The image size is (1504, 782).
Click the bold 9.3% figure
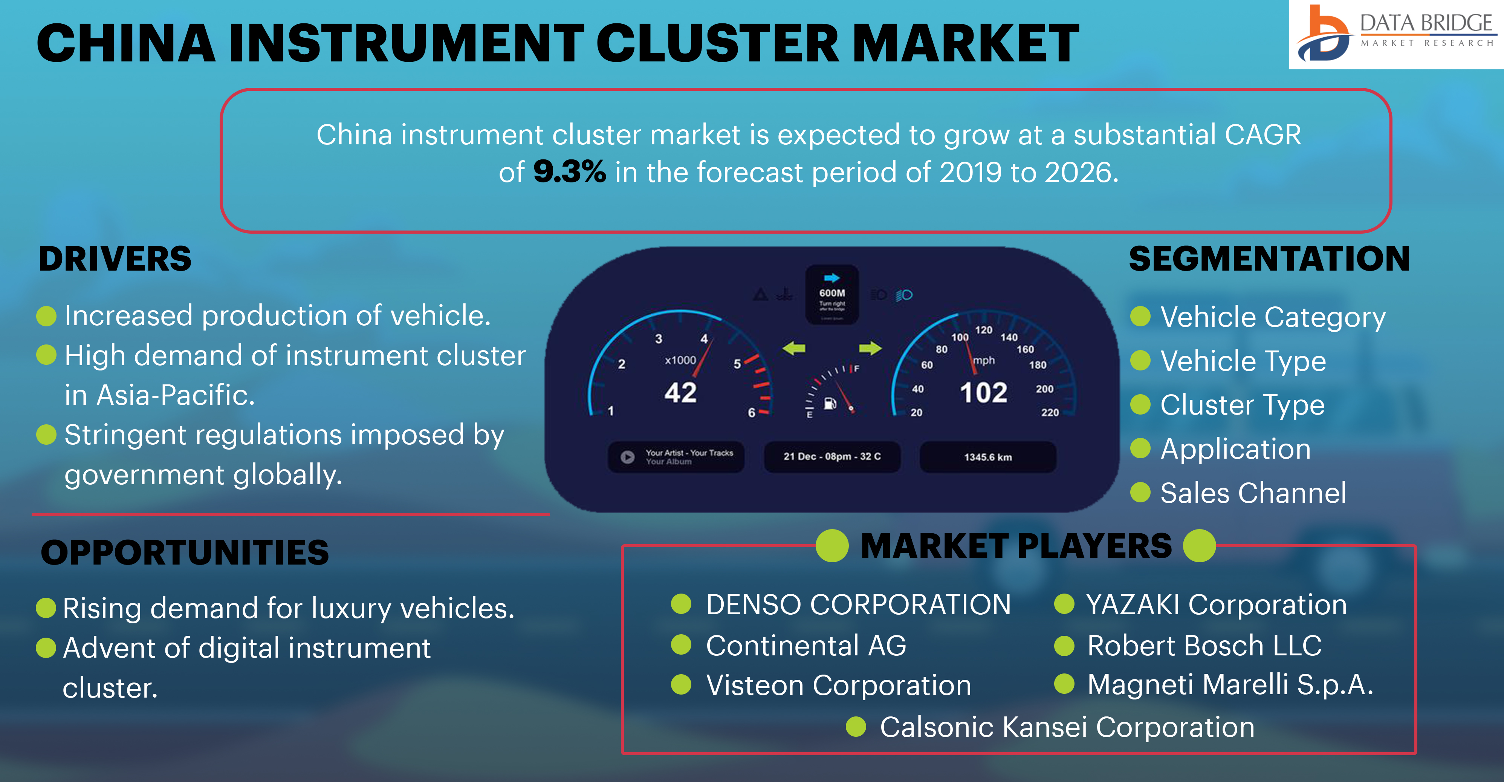569,172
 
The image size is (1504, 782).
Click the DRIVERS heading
115,259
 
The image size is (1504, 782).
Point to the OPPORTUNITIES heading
185,552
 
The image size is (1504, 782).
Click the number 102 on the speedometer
984,392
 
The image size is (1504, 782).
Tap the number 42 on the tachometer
681,392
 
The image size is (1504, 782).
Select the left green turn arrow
794,349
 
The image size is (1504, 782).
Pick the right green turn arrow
870,349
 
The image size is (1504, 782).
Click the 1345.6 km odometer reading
988,457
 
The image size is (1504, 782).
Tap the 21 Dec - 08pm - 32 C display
832,457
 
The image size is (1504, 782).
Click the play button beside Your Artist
628,457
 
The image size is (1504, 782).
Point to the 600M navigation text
832,293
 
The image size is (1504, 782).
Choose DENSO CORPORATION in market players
858,604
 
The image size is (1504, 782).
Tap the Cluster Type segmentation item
1243,405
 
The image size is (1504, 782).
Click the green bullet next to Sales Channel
1140,492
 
